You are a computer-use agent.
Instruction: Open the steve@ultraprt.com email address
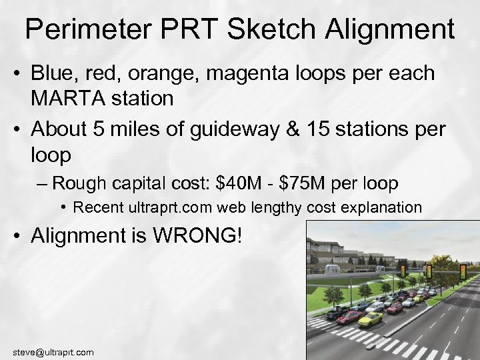point(53,352)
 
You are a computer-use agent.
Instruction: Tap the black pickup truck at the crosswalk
point(337,314)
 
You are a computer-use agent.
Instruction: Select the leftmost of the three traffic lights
point(402,270)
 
